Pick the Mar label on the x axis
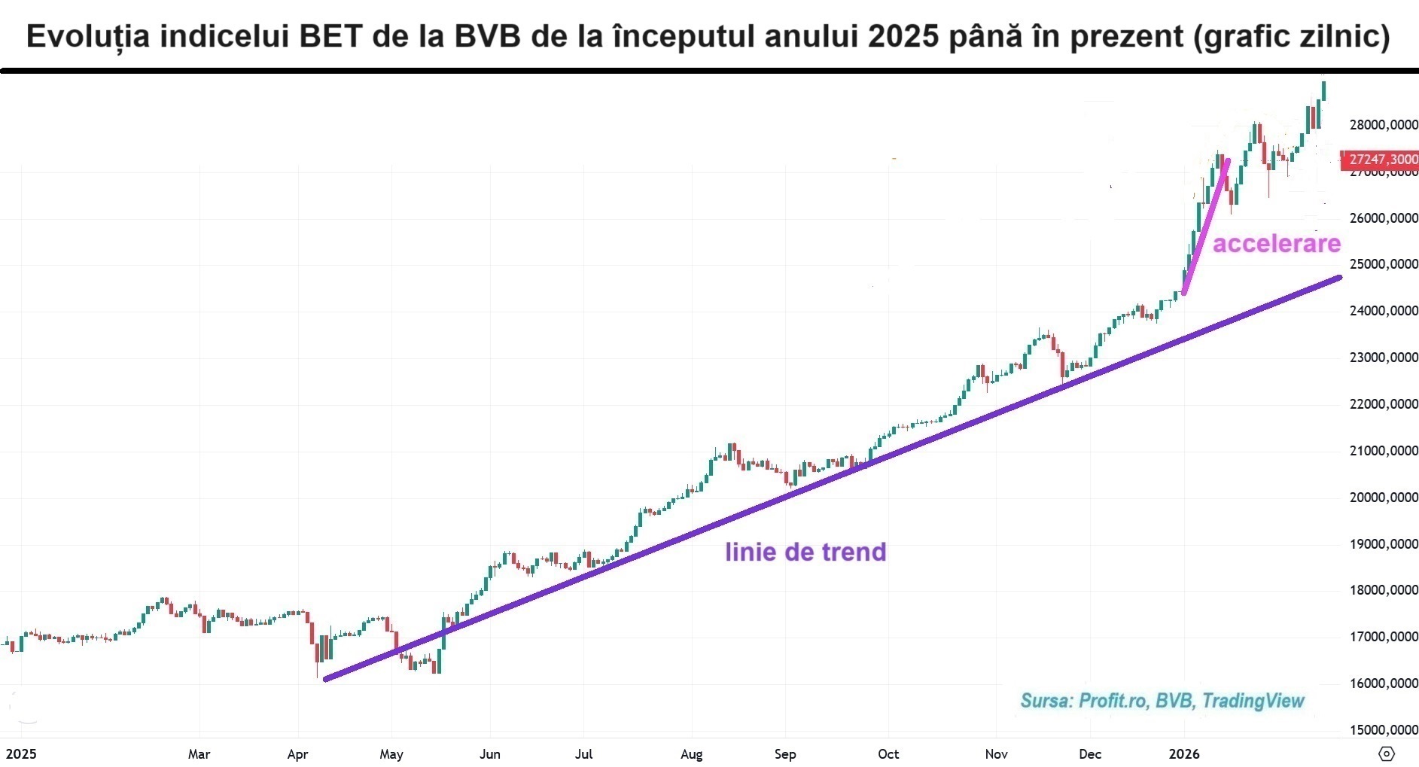pos(199,754)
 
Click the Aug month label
pos(691,754)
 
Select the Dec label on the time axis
pos(1089,754)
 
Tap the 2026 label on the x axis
pos(1184,754)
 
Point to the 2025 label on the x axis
pos(21,754)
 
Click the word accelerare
pos(1276,244)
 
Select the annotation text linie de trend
pos(805,552)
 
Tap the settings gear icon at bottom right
pos(1386,753)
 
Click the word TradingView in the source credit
pos(1253,702)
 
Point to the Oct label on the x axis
pos(888,754)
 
